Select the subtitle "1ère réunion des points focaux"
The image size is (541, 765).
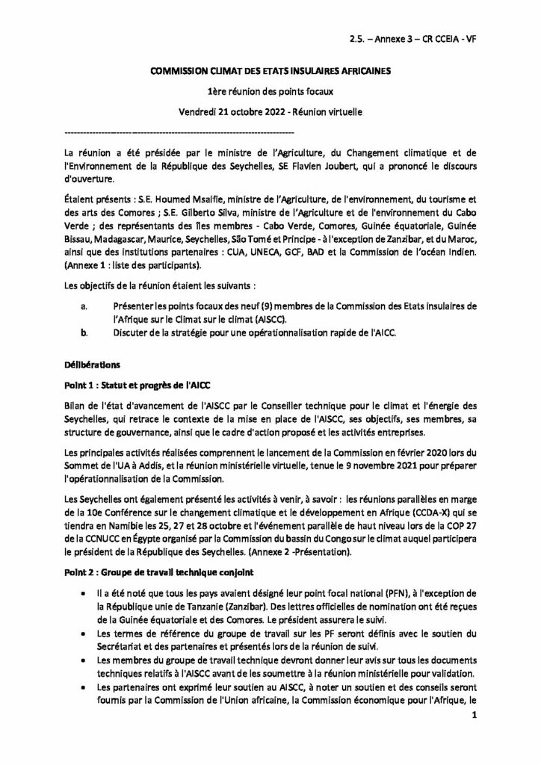pos(270,92)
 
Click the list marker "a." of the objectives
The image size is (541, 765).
pos(84,306)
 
